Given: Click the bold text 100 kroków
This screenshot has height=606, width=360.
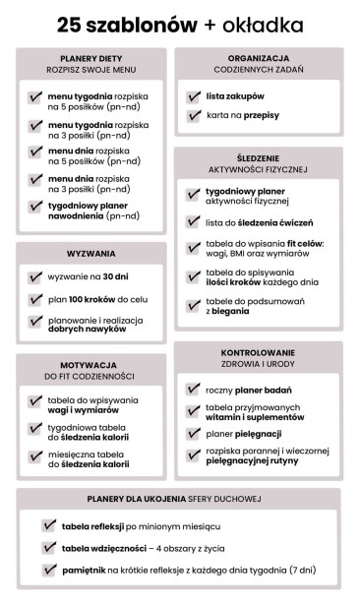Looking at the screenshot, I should coord(91,299).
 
